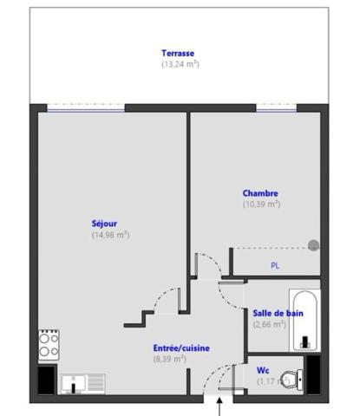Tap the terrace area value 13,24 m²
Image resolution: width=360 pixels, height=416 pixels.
coord(180,64)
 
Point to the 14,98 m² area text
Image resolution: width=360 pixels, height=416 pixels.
coord(110,234)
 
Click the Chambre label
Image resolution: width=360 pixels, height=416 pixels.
coord(260,192)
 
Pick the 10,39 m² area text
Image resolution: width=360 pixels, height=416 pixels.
coord(261,205)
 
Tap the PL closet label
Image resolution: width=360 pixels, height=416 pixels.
coord(275,265)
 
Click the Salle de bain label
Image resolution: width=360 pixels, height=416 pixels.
coord(278,313)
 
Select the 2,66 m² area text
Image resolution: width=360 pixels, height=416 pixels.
coord(269,325)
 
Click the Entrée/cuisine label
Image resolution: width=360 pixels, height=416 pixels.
coord(181,348)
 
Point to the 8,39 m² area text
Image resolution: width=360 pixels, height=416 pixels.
coord(170,359)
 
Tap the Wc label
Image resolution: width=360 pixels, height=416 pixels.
coord(262,370)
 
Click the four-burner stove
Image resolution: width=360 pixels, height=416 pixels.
coord(49,345)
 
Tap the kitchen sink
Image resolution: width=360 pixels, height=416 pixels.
coord(82,383)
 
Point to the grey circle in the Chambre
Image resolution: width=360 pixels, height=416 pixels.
coord(313,246)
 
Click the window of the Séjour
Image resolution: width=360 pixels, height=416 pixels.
coord(86,107)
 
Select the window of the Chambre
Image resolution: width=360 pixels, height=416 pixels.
coord(277,107)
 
